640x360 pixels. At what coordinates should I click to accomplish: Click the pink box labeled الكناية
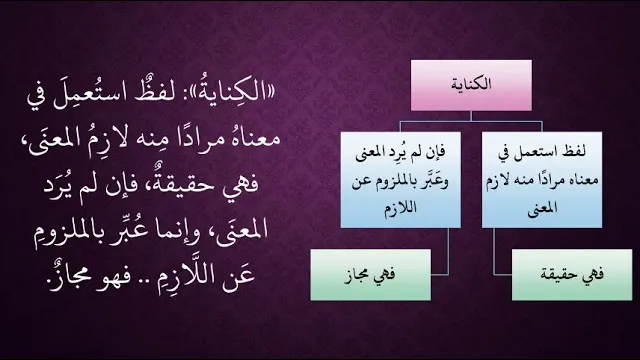click(x=471, y=85)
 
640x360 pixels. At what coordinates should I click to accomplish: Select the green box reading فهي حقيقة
click(x=572, y=275)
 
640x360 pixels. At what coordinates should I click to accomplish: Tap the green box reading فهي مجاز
click(x=371, y=275)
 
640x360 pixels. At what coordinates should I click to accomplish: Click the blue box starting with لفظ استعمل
click(x=542, y=180)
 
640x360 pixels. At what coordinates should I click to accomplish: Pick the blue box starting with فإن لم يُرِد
click(x=401, y=180)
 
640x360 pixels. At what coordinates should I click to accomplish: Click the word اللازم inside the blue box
click(x=400, y=208)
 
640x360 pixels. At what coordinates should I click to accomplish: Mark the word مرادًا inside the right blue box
click(x=548, y=180)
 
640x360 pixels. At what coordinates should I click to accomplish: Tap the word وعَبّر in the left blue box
click(x=432, y=180)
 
